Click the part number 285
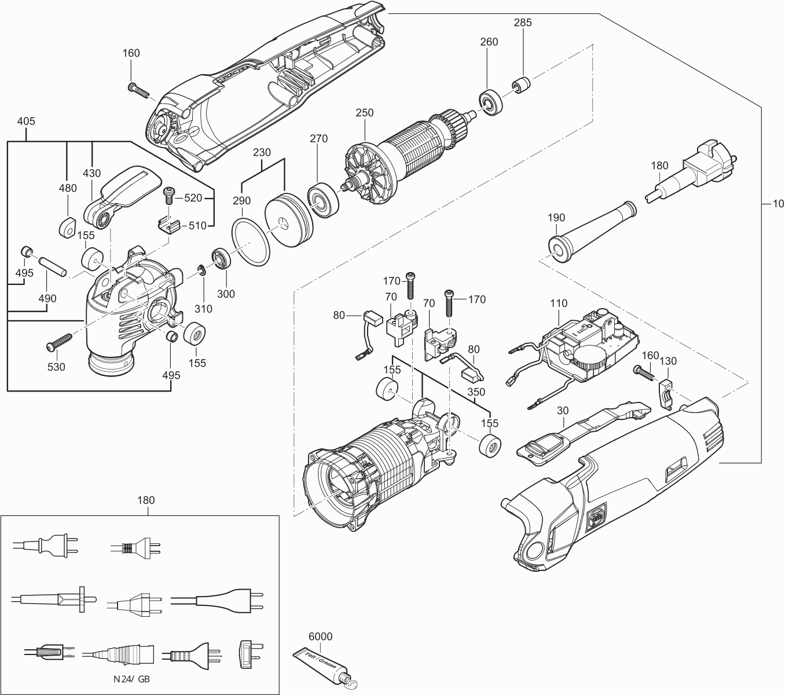click(522, 23)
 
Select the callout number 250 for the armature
click(365, 113)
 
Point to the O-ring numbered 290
click(251, 243)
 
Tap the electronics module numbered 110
click(585, 347)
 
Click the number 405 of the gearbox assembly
click(26, 122)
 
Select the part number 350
click(476, 391)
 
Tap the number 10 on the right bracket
click(777, 203)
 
